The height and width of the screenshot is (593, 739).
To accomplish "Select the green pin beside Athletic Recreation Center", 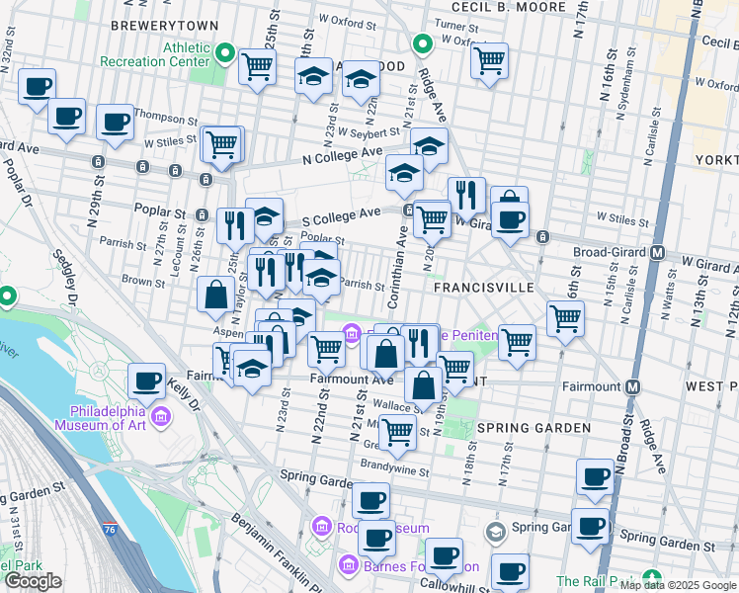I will (225, 53).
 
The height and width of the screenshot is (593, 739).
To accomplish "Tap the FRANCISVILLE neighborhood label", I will (484, 287).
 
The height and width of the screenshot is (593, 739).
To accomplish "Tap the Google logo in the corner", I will (34, 580).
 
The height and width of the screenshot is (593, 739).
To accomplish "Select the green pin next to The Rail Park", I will (650, 577).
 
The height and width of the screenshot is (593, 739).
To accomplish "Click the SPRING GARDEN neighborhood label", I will (534, 428).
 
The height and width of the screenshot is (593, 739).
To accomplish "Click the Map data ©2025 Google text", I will (678, 585).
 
